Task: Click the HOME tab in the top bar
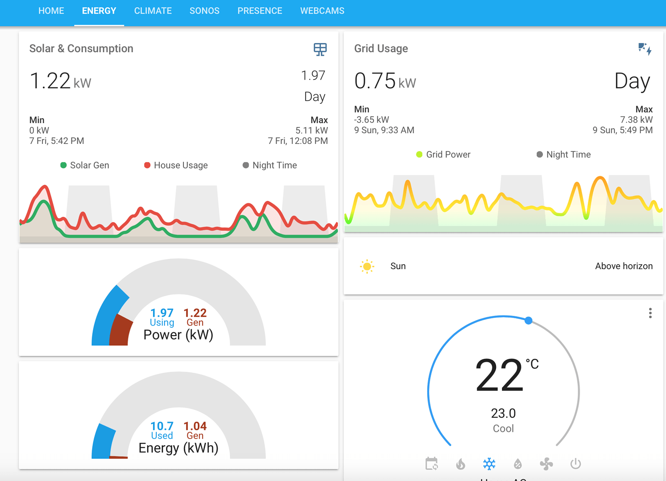(51, 11)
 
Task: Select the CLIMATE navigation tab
(153, 11)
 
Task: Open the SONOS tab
(204, 11)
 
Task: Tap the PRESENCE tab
(260, 11)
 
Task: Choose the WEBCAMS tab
(322, 11)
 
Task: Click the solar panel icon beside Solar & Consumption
(320, 49)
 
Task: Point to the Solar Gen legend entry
(85, 165)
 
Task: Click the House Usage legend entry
(176, 165)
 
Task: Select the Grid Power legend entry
(444, 155)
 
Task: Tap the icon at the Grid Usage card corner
(645, 49)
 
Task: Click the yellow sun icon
(367, 266)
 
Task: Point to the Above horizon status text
(624, 266)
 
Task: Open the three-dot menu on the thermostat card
(650, 313)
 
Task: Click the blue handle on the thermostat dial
(528, 321)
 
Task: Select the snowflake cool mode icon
(489, 464)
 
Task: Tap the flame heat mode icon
(460, 464)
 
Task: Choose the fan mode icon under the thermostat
(546, 464)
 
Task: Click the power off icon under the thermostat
(575, 464)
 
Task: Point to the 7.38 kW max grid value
(636, 120)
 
